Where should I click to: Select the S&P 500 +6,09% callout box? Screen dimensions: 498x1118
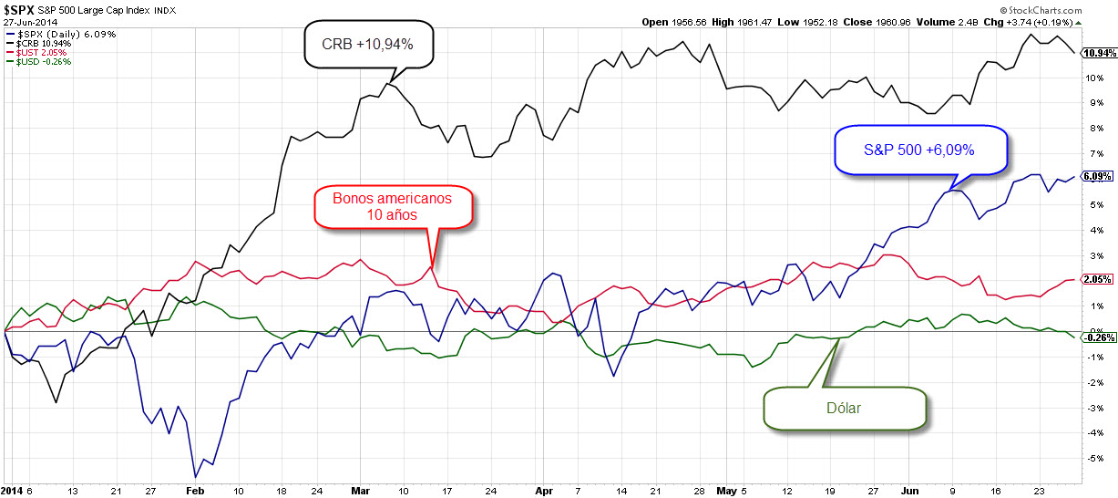coord(920,150)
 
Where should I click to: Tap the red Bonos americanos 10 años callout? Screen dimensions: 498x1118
coord(392,205)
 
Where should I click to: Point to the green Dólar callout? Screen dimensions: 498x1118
coord(844,408)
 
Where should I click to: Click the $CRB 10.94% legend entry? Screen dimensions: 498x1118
coord(38,44)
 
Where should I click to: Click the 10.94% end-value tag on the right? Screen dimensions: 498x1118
coord(1095,53)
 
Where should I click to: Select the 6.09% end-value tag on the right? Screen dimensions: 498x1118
coord(1095,176)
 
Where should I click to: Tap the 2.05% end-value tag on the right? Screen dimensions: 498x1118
coord(1095,278)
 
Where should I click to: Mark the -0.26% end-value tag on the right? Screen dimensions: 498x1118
coord(1096,337)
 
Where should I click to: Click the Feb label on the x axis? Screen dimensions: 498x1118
coord(196,490)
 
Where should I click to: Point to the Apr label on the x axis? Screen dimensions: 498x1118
coord(545,490)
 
